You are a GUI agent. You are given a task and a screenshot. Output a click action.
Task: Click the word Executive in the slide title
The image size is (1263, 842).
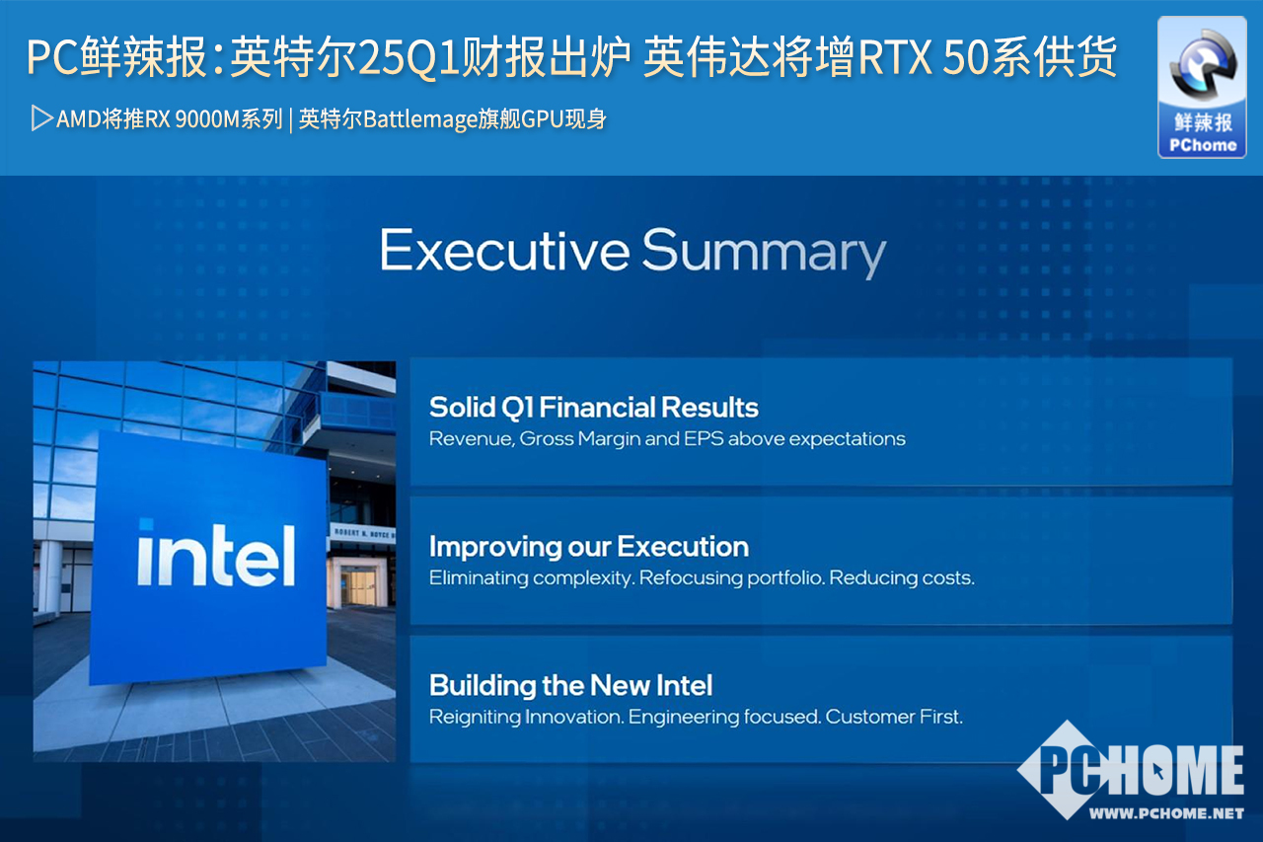tap(504, 250)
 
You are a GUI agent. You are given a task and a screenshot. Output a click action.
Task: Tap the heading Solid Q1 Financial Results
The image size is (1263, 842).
tap(594, 408)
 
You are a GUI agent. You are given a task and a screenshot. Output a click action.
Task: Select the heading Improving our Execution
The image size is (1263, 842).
tap(589, 547)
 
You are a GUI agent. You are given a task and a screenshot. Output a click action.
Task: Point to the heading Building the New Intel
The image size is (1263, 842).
tap(570, 686)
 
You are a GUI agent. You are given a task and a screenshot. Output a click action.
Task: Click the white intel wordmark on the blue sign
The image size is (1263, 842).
tap(216, 554)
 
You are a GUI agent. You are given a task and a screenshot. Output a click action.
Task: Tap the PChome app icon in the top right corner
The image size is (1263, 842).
tap(1202, 88)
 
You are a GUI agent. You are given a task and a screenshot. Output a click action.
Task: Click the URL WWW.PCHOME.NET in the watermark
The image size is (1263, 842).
tap(1166, 813)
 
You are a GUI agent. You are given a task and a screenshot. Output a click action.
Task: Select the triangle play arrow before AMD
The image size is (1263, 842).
tap(41, 118)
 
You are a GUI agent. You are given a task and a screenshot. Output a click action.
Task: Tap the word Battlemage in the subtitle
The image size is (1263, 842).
tap(420, 119)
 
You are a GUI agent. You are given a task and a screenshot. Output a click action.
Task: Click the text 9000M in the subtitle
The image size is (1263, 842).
tap(207, 119)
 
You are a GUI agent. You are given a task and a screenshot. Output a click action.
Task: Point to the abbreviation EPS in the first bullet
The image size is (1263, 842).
tap(704, 438)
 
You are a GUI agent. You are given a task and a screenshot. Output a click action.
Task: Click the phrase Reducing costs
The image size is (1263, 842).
tap(902, 578)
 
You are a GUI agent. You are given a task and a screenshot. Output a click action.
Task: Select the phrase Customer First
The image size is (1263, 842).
tap(894, 717)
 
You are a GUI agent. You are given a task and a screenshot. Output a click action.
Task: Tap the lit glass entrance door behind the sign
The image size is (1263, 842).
tap(358, 586)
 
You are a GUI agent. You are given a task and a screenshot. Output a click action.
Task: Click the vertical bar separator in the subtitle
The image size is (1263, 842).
tap(291, 120)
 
